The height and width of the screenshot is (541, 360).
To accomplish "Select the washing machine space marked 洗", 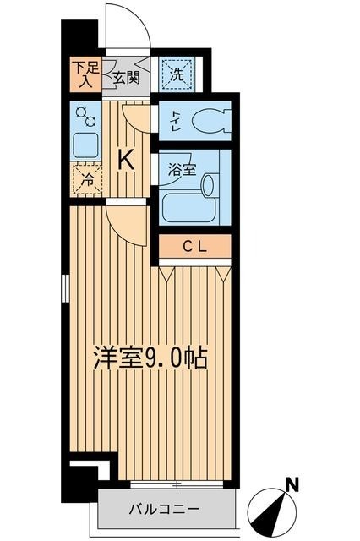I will (177, 74).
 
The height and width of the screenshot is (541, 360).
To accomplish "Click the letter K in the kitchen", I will (126, 159).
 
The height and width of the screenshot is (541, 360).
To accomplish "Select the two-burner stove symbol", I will (85, 115).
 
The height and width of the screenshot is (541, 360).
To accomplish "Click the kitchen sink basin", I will (85, 145).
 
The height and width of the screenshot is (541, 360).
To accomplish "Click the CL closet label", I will (194, 246).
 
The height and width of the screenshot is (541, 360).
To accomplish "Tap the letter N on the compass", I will (292, 484).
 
